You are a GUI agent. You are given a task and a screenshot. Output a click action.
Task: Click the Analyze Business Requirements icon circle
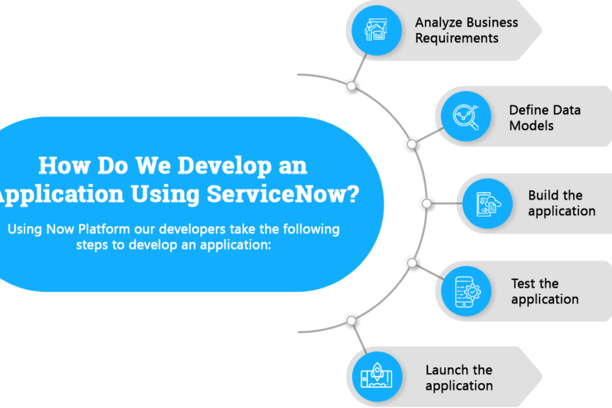click(376, 30)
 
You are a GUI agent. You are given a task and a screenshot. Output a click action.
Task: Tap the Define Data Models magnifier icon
click(466, 116)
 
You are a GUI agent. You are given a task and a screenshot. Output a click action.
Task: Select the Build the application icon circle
click(488, 203)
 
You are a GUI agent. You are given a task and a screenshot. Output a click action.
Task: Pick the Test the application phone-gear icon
click(467, 292)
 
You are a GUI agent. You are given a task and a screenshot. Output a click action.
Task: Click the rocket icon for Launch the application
click(376, 375)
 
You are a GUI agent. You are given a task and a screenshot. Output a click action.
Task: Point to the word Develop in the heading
click(225, 166)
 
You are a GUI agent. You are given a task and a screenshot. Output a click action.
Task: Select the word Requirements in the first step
click(457, 38)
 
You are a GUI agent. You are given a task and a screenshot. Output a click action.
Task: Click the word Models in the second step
click(531, 126)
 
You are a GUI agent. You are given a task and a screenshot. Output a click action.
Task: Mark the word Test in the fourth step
click(525, 284)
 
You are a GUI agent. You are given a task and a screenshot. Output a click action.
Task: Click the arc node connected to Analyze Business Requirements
click(351, 86)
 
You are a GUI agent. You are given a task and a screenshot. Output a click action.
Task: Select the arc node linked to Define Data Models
click(412, 145)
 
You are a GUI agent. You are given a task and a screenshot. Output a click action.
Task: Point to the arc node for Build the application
click(426, 203)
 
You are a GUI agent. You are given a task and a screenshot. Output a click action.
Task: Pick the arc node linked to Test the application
click(412, 263)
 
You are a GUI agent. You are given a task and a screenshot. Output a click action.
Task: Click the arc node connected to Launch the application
click(351, 321)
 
